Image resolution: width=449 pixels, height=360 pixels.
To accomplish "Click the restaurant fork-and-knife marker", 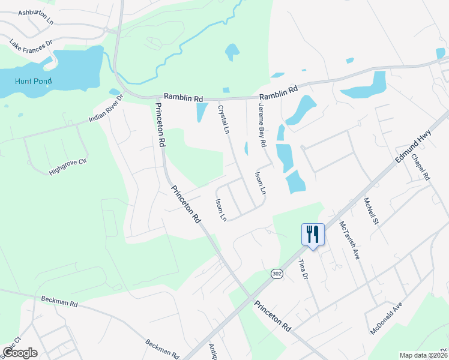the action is point(312,234).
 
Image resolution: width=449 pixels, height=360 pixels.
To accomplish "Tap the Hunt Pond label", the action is point(25,81).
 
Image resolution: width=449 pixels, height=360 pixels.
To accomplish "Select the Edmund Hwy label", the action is point(414,149).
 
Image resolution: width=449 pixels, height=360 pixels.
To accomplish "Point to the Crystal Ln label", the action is point(224,119).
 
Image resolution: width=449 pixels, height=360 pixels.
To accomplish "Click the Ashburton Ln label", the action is point(36,13).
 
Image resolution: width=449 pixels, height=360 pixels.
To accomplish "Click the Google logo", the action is point(20,353).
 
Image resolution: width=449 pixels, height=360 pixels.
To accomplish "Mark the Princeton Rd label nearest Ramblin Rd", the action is point(160,125).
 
